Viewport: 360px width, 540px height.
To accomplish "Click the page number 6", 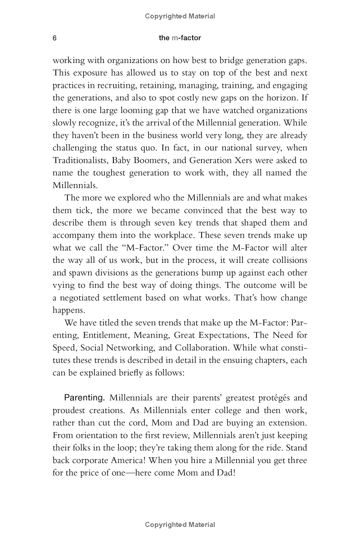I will tap(54, 38).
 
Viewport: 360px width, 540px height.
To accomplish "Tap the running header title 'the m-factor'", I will tap(180, 38).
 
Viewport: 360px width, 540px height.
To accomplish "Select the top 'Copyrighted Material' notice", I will tap(180, 16).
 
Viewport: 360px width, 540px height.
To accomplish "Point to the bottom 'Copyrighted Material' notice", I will tap(180, 525).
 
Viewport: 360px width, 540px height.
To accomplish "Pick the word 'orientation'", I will tap(97, 436).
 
